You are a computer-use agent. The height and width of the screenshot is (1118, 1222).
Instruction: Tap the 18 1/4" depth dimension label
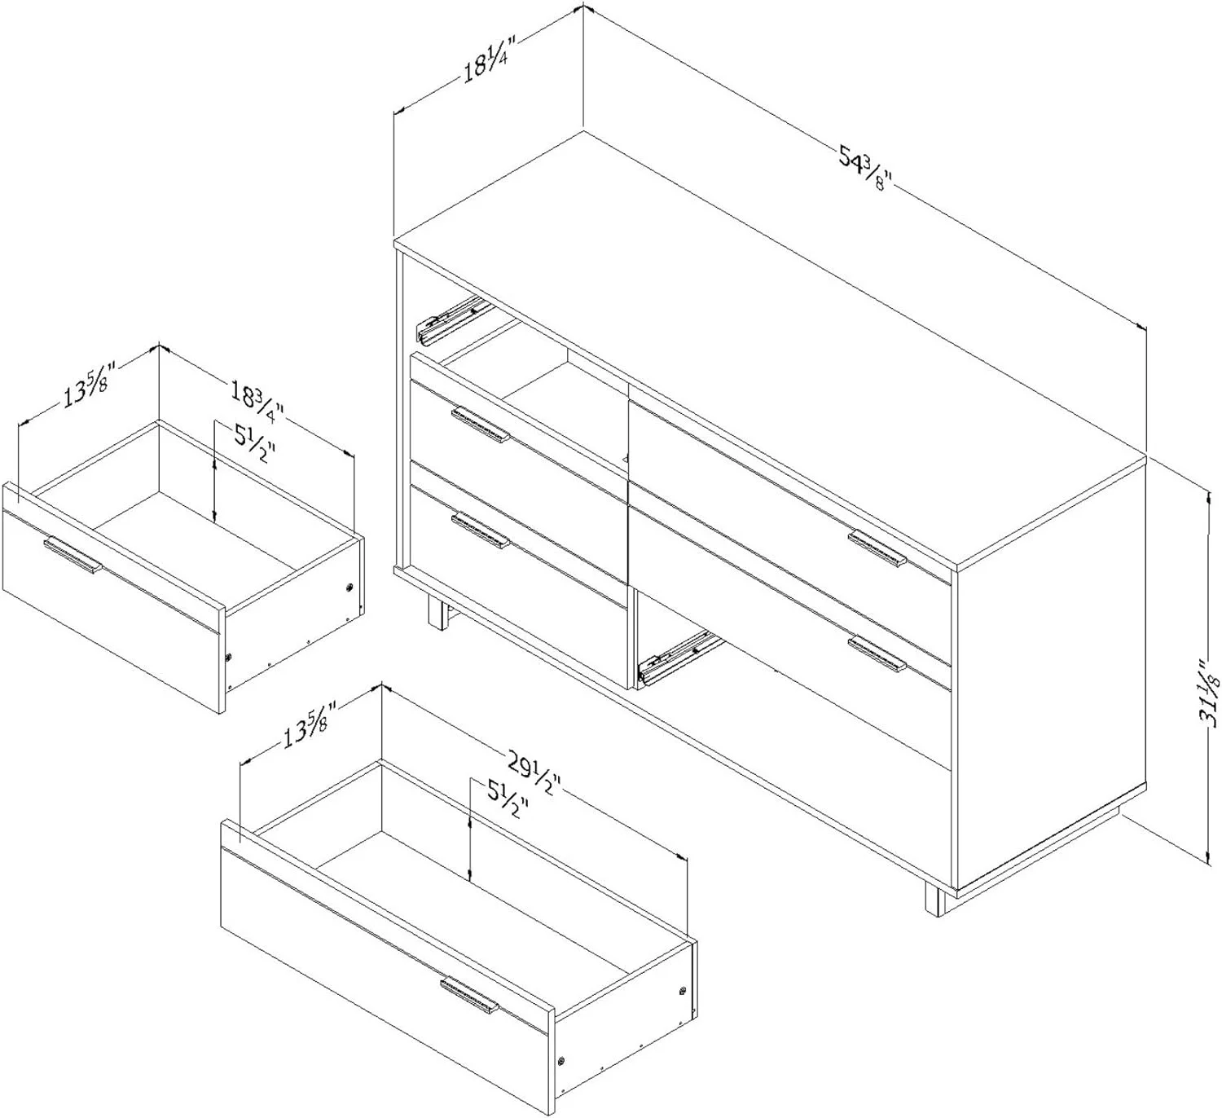pyautogui.click(x=489, y=59)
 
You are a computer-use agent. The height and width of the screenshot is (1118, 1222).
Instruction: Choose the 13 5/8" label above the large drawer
pyautogui.click(x=310, y=724)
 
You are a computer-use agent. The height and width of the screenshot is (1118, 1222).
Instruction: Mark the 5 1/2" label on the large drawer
pyautogui.click(x=507, y=799)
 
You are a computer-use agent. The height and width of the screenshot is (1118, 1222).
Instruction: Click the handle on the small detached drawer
pyautogui.click(x=73, y=555)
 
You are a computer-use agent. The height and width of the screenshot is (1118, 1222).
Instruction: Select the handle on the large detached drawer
pyautogui.click(x=469, y=996)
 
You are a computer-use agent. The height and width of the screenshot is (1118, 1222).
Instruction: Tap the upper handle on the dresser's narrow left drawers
pyautogui.click(x=480, y=425)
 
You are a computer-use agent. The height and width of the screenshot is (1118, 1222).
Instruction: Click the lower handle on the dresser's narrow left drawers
pyautogui.click(x=480, y=530)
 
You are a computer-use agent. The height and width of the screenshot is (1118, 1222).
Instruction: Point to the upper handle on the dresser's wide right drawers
pyautogui.click(x=877, y=548)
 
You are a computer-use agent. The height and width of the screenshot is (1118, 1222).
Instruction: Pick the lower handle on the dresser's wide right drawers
pyautogui.click(x=877, y=654)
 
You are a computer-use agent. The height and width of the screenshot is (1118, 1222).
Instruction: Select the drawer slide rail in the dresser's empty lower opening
pyautogui.click(x=678, y=661)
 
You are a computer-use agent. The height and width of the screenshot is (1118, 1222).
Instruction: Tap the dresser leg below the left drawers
pyautogui.click(x=437, y=612)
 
